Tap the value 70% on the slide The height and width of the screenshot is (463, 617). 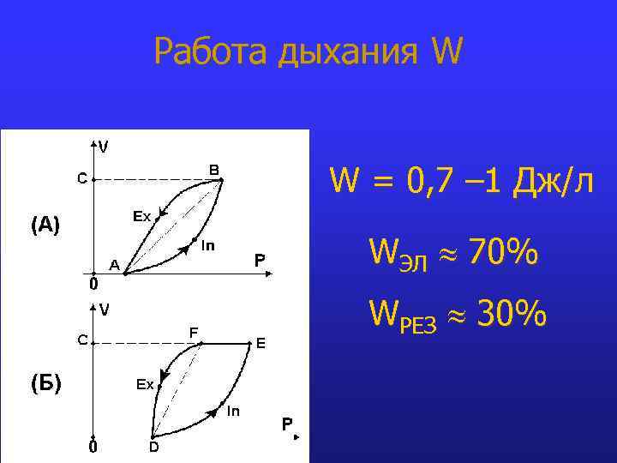click(504, 253)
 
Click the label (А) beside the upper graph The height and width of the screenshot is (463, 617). click(45, 225)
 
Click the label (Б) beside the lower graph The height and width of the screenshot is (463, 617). click(45, 382)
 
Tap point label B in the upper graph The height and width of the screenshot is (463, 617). click(214, 169)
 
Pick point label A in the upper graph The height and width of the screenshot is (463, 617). click(113, 264)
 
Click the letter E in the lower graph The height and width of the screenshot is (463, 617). click(261, 343)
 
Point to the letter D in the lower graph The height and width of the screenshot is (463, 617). click(153, 447)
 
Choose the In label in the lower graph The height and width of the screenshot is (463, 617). click(233, 411)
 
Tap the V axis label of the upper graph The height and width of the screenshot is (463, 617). click(103, 147)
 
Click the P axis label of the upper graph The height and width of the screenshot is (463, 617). click(260, 259)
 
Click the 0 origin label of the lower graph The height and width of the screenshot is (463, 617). click(93, 447)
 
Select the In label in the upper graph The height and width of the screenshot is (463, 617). click(207, 247)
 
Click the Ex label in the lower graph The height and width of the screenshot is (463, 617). click(145, 385)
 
